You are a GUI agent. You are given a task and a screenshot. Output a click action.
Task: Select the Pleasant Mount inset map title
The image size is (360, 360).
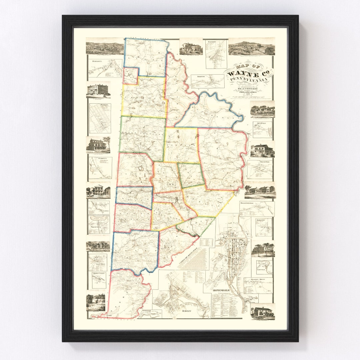point(258,280)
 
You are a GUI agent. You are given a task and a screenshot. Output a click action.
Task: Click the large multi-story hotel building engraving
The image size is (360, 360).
point(98,90)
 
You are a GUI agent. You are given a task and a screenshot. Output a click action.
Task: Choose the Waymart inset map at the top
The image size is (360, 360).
point(216,53)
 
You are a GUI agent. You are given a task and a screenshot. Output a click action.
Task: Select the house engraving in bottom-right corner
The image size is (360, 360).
point(263,312)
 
